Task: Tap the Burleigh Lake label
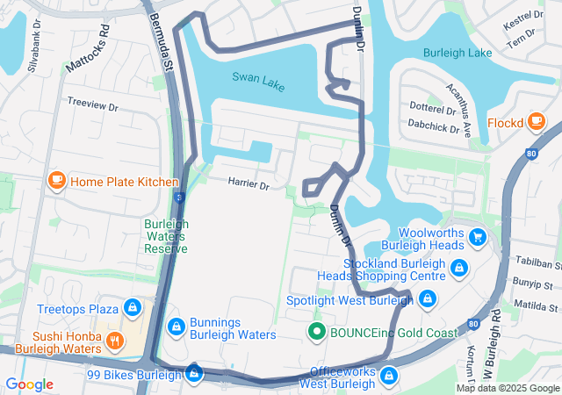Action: pos(458,53)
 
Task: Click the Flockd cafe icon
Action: pos(535,122)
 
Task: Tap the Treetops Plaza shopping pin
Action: pos(133,308)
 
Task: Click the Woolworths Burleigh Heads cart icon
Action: pos(478,236)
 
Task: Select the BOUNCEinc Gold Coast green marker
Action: pos(316,332)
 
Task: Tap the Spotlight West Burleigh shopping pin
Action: pos(427,300)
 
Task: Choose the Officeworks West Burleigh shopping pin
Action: pos(389,376)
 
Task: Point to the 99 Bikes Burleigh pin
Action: pos(194,375)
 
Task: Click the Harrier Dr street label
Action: pos(249,183)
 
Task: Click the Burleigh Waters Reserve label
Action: pos(166,236)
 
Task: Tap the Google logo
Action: pos(30,384)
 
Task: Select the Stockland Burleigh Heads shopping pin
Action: pos(458,267)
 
